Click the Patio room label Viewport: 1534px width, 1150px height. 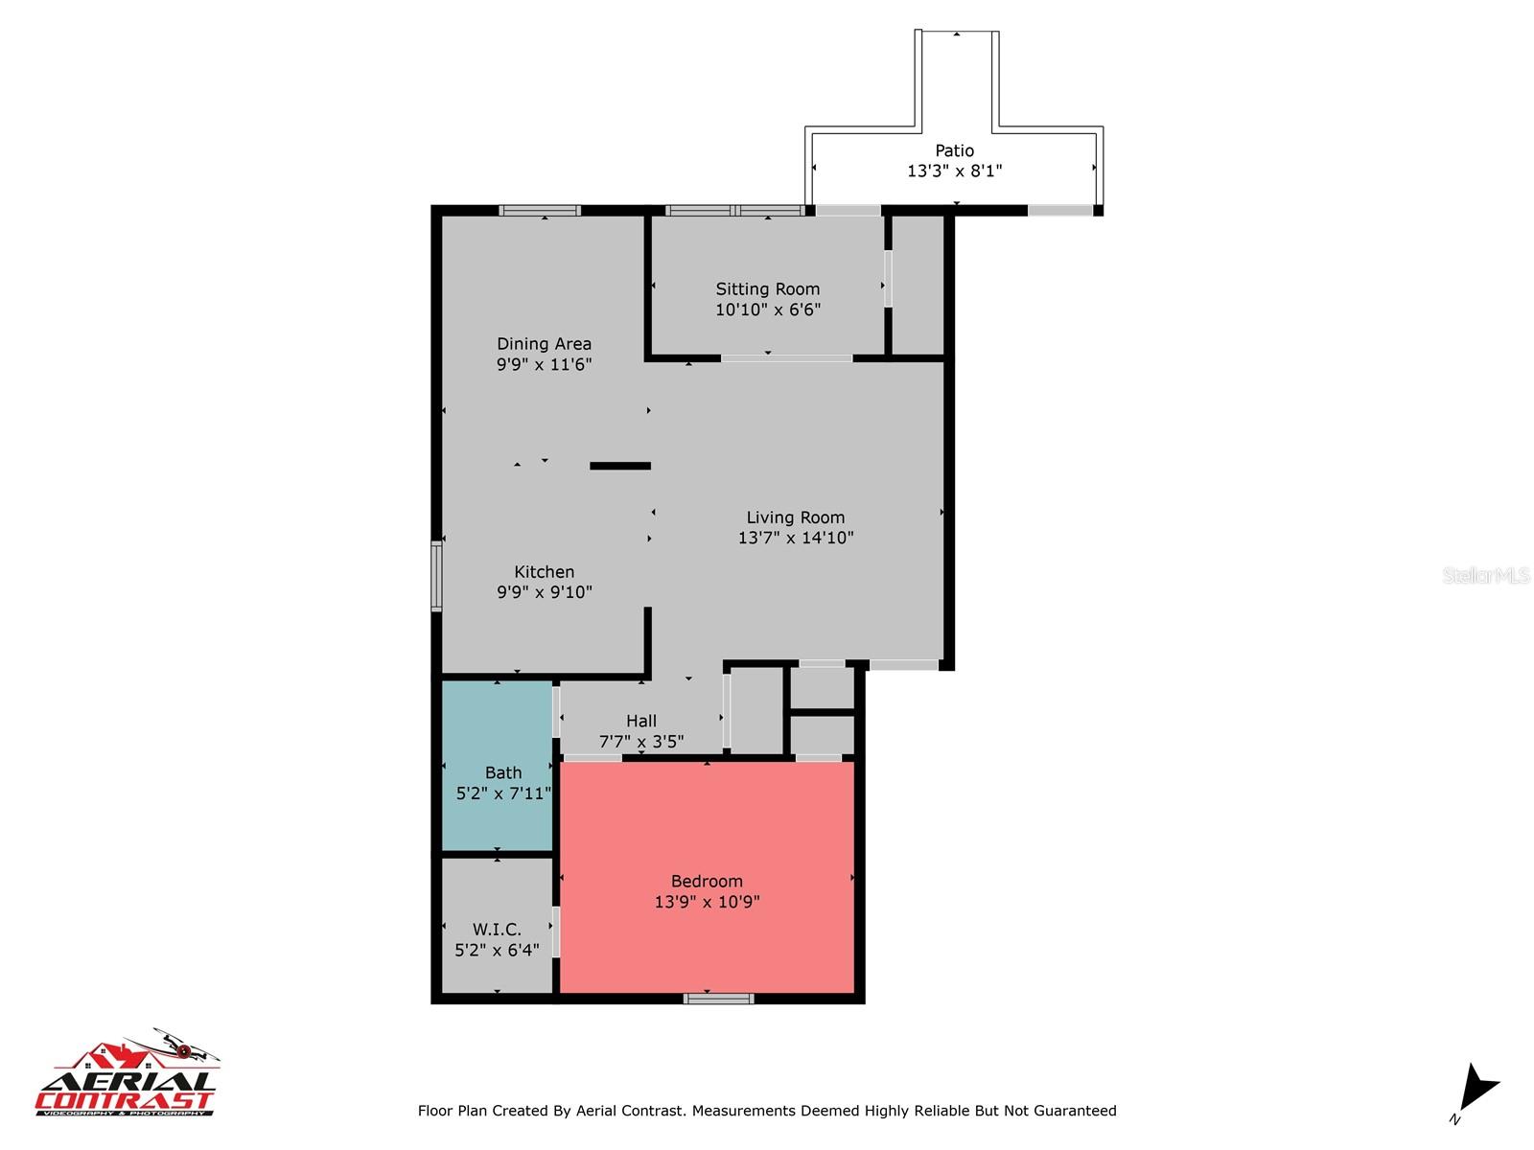pyautogui.click(x=954, y=150)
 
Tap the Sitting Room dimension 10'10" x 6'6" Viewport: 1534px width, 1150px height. pyautogui.click(x=768, y=310)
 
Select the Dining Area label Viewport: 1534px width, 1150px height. pyautogui.click(x=544, y=343)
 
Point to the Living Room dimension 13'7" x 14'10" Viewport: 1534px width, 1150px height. pyautogui.click(x=796, y=538)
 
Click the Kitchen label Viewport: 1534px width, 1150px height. pyautogui.click(x=544, y=571)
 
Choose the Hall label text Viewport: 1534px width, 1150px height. pyautogui.click(x=641, y=721)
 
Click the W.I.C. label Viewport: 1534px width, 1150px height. pyautogui.click(x=497, y=929)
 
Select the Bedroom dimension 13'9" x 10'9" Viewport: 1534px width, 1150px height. pyautogui.click(x=707, y=902)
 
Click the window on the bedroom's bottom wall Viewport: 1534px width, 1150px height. pyautogui.click(x=718, y=999)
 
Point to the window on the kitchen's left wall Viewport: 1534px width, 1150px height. pyautogui.click(x=436, y=575)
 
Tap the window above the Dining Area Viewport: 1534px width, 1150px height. pyautogui.click(x=540, y=211)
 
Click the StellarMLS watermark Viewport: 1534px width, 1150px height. pyautogui.click(x=1486, y=575)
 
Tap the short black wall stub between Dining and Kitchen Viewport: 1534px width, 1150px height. pyautogui.click(x=620, y=466)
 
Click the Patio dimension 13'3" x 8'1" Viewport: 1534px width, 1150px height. pyautogui.click(x=954, y=172)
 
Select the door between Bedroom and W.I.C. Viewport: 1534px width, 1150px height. pyautogui.click(x=556, y=931)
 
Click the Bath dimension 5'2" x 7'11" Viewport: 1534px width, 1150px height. pyautogui.click(x=503, y=793)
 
